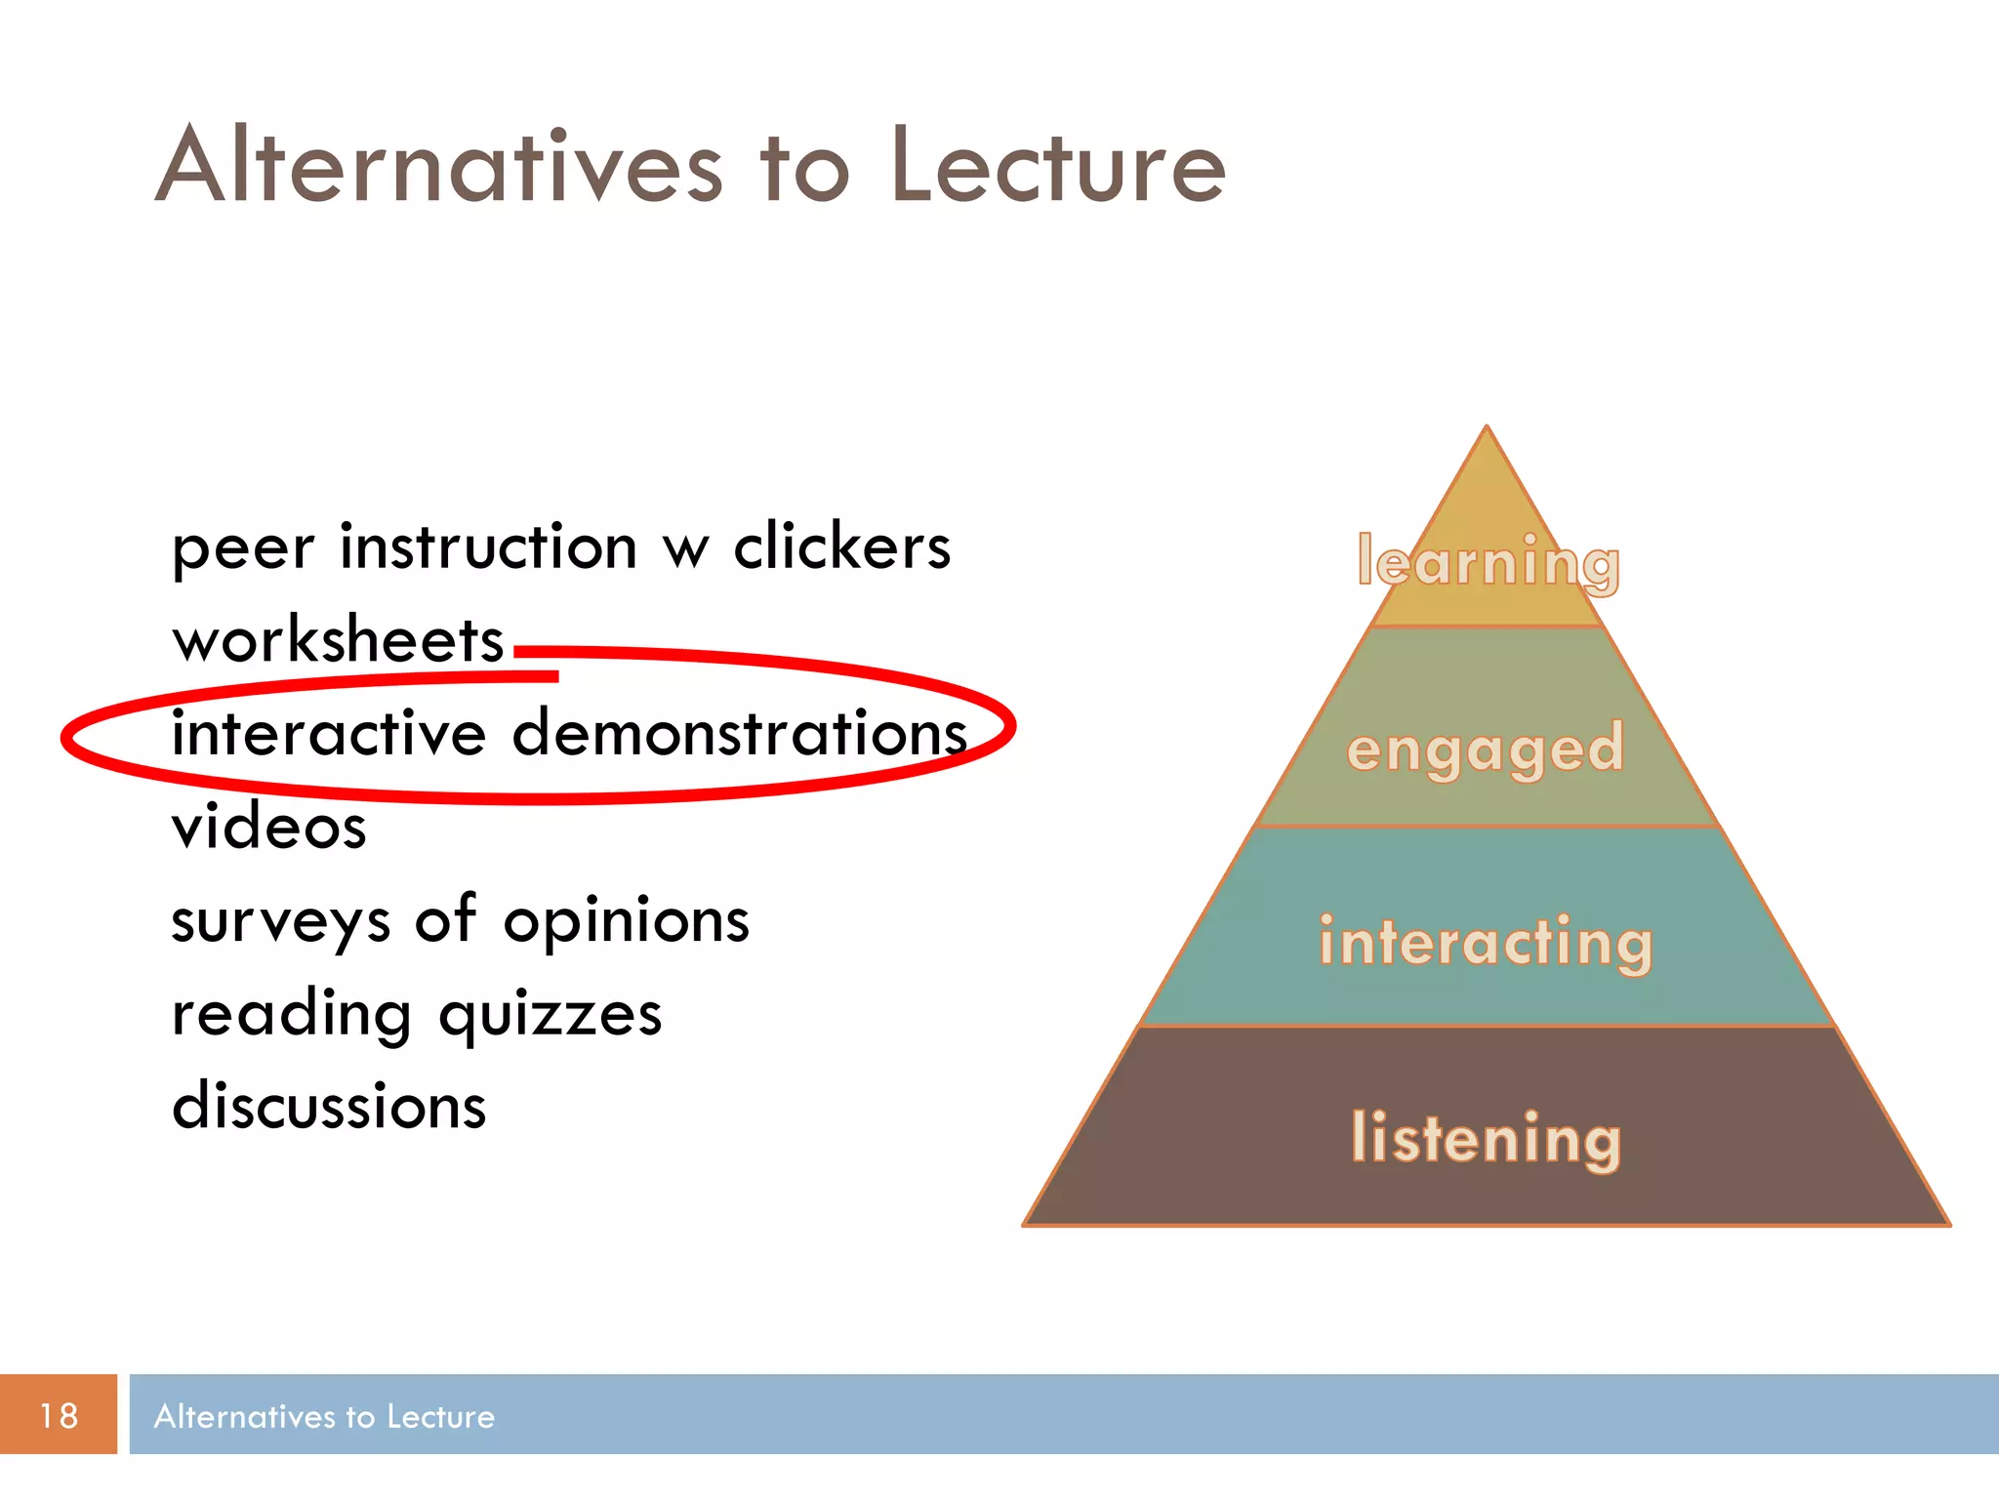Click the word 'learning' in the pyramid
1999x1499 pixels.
(1488, 562)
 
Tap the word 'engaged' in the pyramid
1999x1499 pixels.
(1485, 749)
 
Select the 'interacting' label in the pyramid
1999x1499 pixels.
(1486, 942)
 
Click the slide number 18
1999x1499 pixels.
(59, 1415)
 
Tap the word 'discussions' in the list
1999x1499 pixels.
(329, 1106)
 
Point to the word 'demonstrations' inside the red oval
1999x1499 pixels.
(739, 733)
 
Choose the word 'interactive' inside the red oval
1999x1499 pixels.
(329, 733)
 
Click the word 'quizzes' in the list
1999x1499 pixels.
(551, 1015)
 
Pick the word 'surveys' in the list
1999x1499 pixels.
(281, 922)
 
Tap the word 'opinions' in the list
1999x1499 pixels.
(626, 922)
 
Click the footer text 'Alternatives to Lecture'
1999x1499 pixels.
(324, 1416)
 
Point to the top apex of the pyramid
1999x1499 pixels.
(1487, 429)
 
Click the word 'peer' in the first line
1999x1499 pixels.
(243, 548)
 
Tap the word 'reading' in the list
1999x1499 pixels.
(291, 1015)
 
